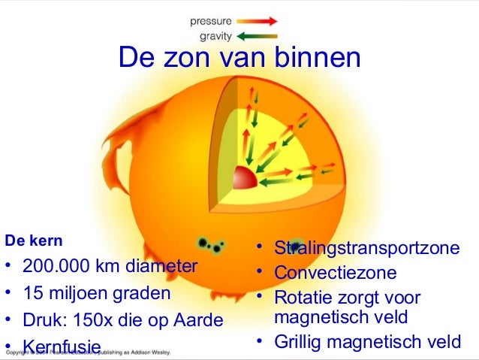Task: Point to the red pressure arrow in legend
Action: click(x=259, y=21)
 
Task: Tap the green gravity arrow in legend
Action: click(x=259, y=35)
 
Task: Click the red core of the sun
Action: click(x=245, y=180)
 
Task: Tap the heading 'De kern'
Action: click(x=34, y=241)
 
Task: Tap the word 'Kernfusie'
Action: click(x=62, y=346)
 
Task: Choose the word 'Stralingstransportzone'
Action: click(x=366, y=249)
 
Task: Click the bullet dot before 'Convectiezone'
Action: click(x=257, y=271)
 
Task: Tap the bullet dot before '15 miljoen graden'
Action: click(x=8, y=292)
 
